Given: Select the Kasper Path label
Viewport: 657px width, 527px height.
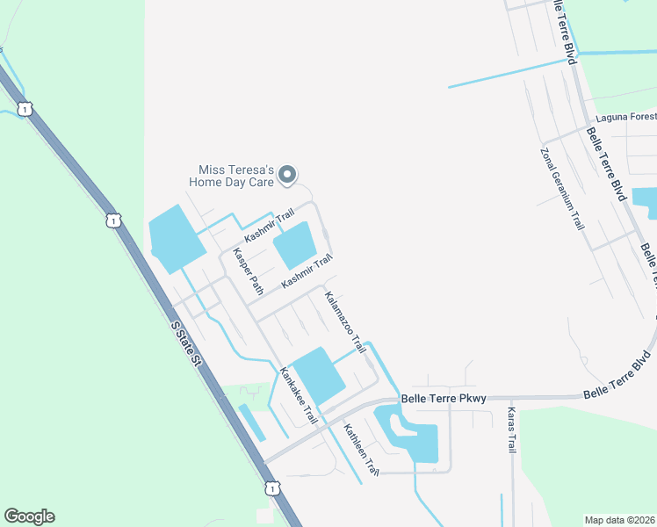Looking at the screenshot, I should (247, 271).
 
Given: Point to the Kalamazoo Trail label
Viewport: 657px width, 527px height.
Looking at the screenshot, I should (345, 322).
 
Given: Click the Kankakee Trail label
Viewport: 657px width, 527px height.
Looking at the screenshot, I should (298, 394).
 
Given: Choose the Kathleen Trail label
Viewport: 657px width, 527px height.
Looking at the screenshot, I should (361, 451).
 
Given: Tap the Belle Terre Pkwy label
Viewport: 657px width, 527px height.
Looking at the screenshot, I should (444, 399).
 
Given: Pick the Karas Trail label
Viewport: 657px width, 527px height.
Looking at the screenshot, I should (512, 430).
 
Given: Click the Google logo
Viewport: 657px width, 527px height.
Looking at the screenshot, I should (30, 516).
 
